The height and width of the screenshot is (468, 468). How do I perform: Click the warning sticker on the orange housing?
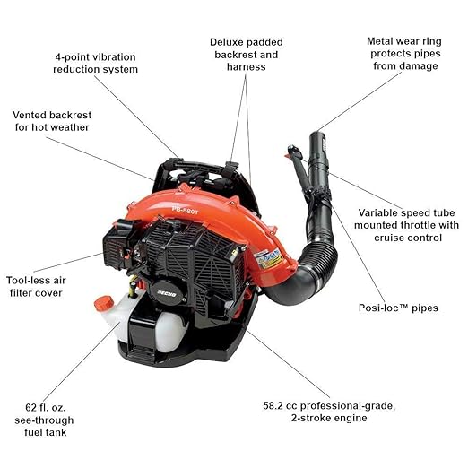[266, 259]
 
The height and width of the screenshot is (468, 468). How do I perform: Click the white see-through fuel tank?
[152, 325]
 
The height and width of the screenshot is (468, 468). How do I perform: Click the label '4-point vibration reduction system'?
[95, 62]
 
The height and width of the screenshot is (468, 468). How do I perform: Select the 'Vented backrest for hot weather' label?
[52, 122]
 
